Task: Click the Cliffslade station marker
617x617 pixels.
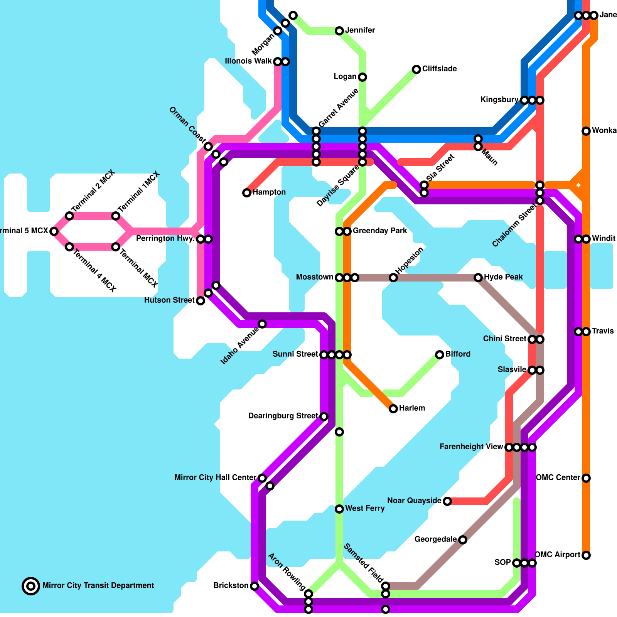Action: pyautogui.click(x=416, y=69)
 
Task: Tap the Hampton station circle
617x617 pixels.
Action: pyautogui.click(x=247, y=193)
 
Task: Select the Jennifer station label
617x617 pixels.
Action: pyautogui.click(x=360, y=30)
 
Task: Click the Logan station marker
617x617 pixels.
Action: pyautogui.click(x=362, y=77)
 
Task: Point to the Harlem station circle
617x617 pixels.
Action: pyautogui.click(x=393, y=409)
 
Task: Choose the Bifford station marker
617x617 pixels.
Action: pyautogui.click(x=440, y=355)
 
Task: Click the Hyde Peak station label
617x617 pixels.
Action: pyautogui.click(x=503, y=277)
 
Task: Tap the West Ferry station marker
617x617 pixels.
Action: pyautogui.click(x=339, y=509)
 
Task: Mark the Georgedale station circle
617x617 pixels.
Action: pyautogui.click(x=463, y=540)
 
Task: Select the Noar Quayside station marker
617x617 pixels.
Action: pyautogui.click(x=447, y=501)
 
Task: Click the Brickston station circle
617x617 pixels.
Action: pyautogui.click(x=255, y=586)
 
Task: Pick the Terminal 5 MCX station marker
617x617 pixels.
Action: pyautogui.click(x=54, y=231)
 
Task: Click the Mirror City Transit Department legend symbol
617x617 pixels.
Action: pyautogui.click(x=31, y=586)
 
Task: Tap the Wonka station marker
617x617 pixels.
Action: pyautogui.click(x=586, y=131)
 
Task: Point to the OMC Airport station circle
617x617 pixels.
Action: pyautogui.click(x=586, y=555)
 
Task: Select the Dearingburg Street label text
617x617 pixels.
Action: pyautogui.click(x=283, y=416)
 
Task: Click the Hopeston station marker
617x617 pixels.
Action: pyautogui.click(x=393, y=278)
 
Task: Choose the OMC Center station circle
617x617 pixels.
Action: pyautogui.click(x=586, y=478)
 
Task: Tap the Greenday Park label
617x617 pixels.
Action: pyautogui.click(x=380, y=231)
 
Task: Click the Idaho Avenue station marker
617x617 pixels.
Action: pyautogui.click(x=262, y=324)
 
